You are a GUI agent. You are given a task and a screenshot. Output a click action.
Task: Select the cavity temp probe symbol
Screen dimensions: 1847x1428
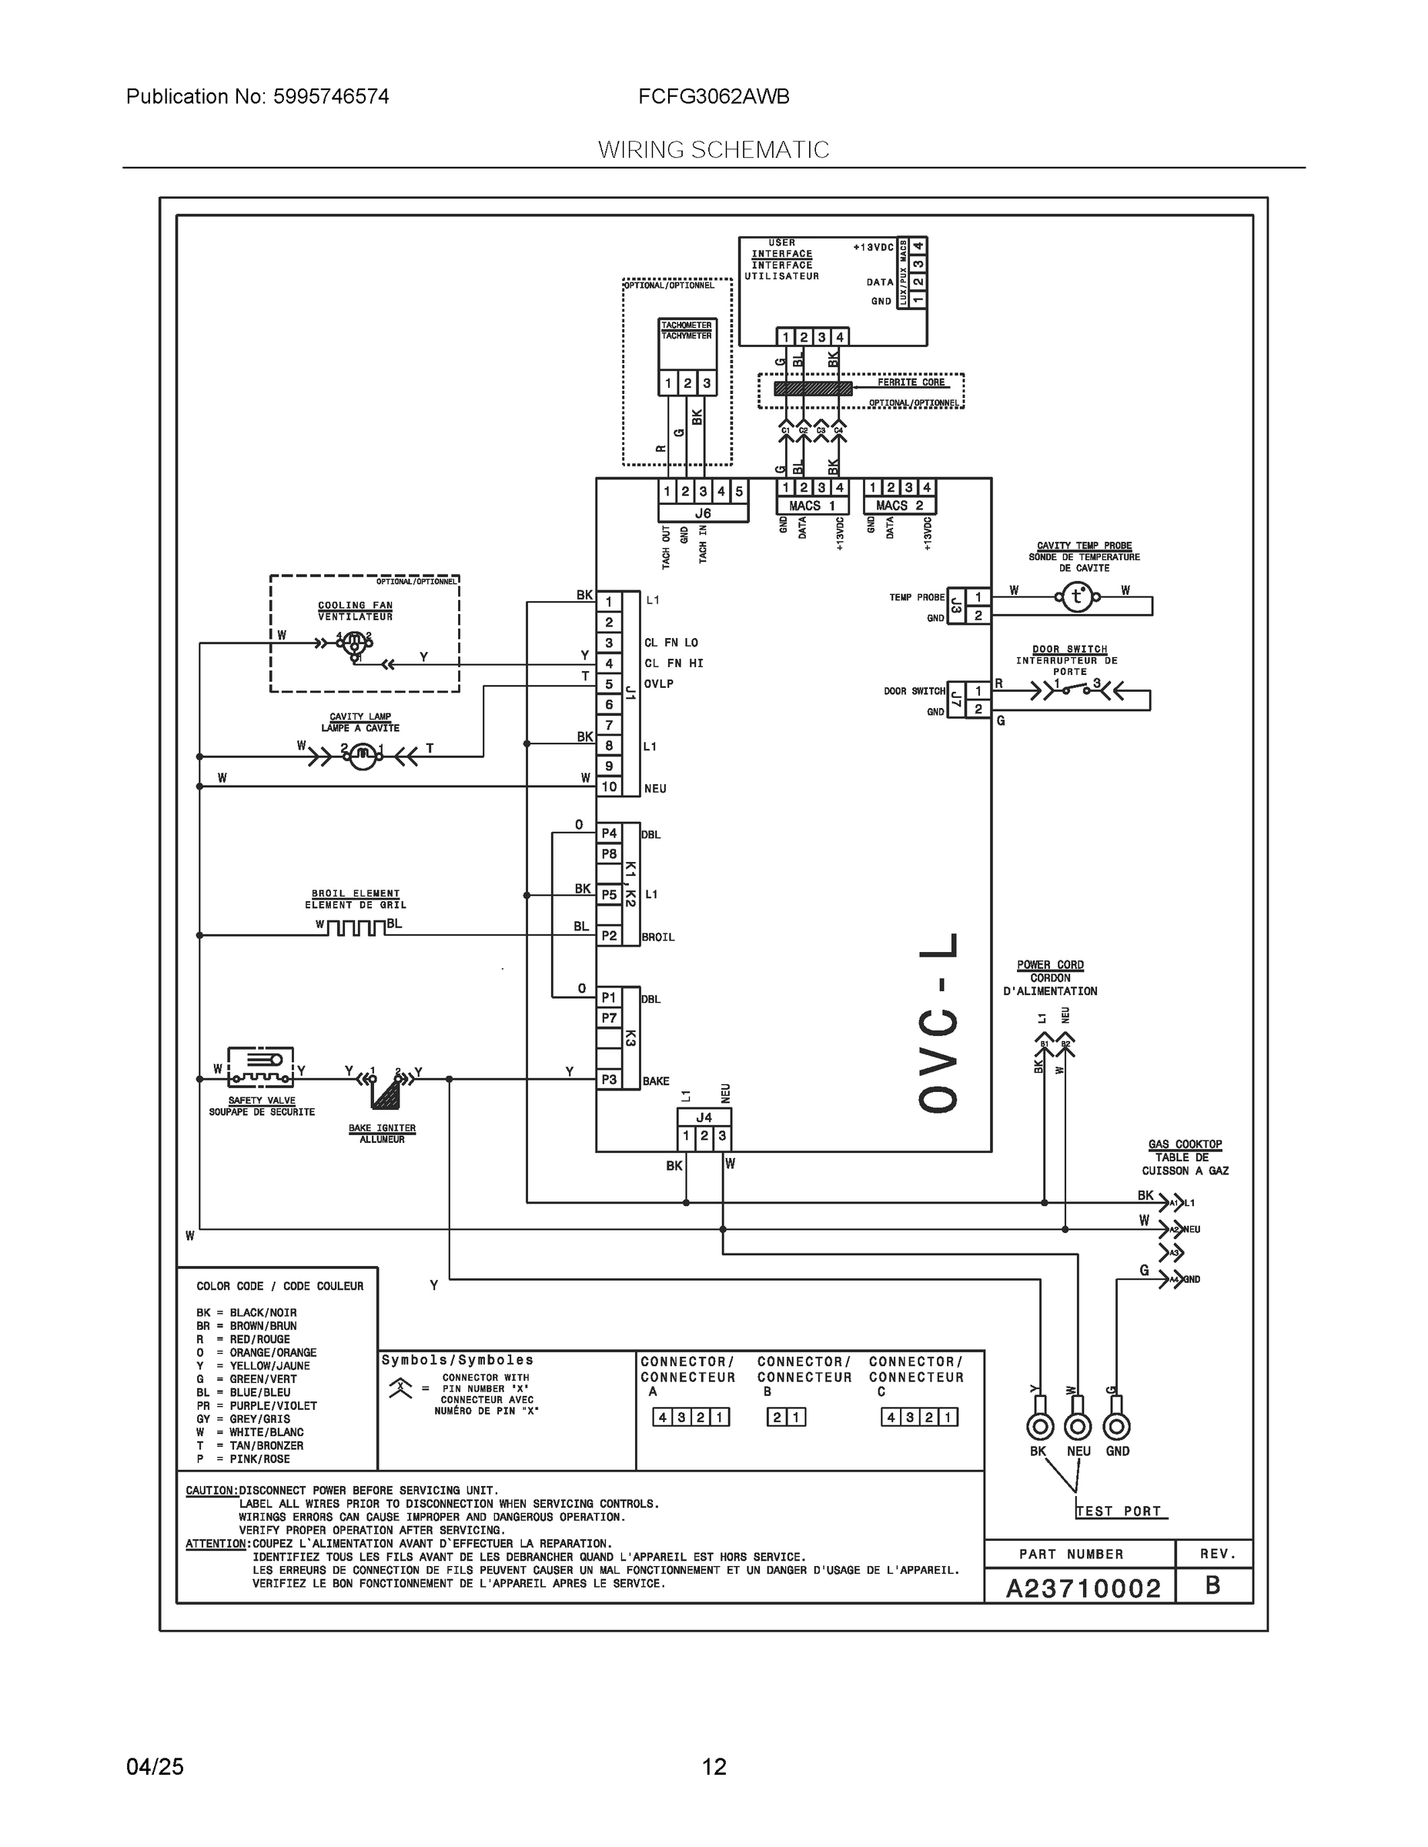click(1077, 598)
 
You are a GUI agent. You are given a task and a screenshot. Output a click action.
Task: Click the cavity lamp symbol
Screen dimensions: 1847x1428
click(362, 753)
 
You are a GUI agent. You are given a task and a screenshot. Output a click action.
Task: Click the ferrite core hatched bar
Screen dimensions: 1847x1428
click(813, 388)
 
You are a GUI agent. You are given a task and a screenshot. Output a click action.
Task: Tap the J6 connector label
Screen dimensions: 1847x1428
click(703, 513)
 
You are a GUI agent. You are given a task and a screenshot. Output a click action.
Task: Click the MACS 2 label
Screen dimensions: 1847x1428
click(899, 506)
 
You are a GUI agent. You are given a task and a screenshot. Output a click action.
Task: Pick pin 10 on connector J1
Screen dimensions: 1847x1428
click(609, 787)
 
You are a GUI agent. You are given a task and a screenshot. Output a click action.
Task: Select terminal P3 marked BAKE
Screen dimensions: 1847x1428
click(609, 1079)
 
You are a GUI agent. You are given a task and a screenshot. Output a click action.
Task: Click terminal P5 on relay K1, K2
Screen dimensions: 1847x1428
click(609, 894)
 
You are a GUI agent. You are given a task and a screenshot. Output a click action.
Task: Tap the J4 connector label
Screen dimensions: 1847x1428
click(704, 1117)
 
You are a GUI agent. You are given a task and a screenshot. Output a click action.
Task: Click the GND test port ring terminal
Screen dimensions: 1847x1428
click(1117, 1427)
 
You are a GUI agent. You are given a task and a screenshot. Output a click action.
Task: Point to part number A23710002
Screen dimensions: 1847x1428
click(1083, 1588)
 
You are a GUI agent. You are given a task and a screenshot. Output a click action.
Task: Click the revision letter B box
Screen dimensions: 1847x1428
click(1212, 1585)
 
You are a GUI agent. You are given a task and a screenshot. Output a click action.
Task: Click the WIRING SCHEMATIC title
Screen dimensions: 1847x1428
click(713, 150)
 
